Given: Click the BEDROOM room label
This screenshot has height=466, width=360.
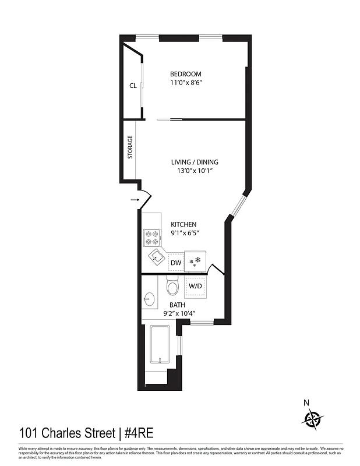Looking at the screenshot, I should (x=186, y=74).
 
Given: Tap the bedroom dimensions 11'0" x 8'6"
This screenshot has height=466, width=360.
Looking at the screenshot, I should (x=186, y=83).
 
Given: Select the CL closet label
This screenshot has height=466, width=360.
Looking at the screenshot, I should (x=133, y=86).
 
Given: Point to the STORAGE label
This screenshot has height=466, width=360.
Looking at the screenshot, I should (x=130, y=147).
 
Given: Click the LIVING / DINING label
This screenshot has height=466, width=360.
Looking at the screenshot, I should (x=195, y=162).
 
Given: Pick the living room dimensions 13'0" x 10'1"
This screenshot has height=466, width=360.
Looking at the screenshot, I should (x=195, y=171).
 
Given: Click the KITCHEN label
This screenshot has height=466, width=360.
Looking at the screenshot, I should (x=183, y=224).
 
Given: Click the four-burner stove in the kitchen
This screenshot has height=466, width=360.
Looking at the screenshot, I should (x=152, y=238).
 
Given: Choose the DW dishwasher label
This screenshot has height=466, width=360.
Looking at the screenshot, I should (x=176, y=263).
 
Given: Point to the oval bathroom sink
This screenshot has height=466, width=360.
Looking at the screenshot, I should (x=149, y=299).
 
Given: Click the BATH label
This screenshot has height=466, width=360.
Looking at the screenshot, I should (x=178, y=305).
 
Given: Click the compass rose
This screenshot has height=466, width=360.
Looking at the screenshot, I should (x=313, y=418).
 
